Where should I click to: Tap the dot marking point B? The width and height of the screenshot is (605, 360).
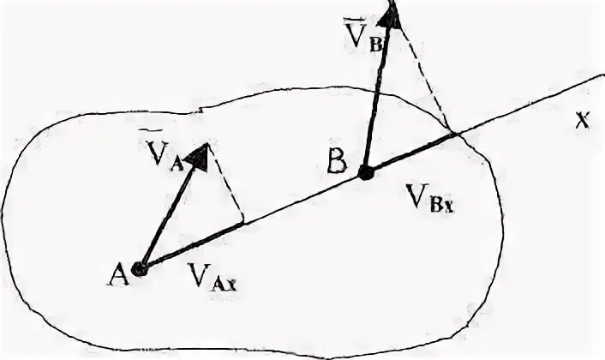pos(366,173)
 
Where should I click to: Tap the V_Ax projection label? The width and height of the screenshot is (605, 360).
pos(211,276)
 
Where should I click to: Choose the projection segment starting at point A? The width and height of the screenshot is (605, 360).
pos(193,246)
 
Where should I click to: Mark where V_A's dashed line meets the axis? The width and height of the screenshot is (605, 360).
pos(245,223)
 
